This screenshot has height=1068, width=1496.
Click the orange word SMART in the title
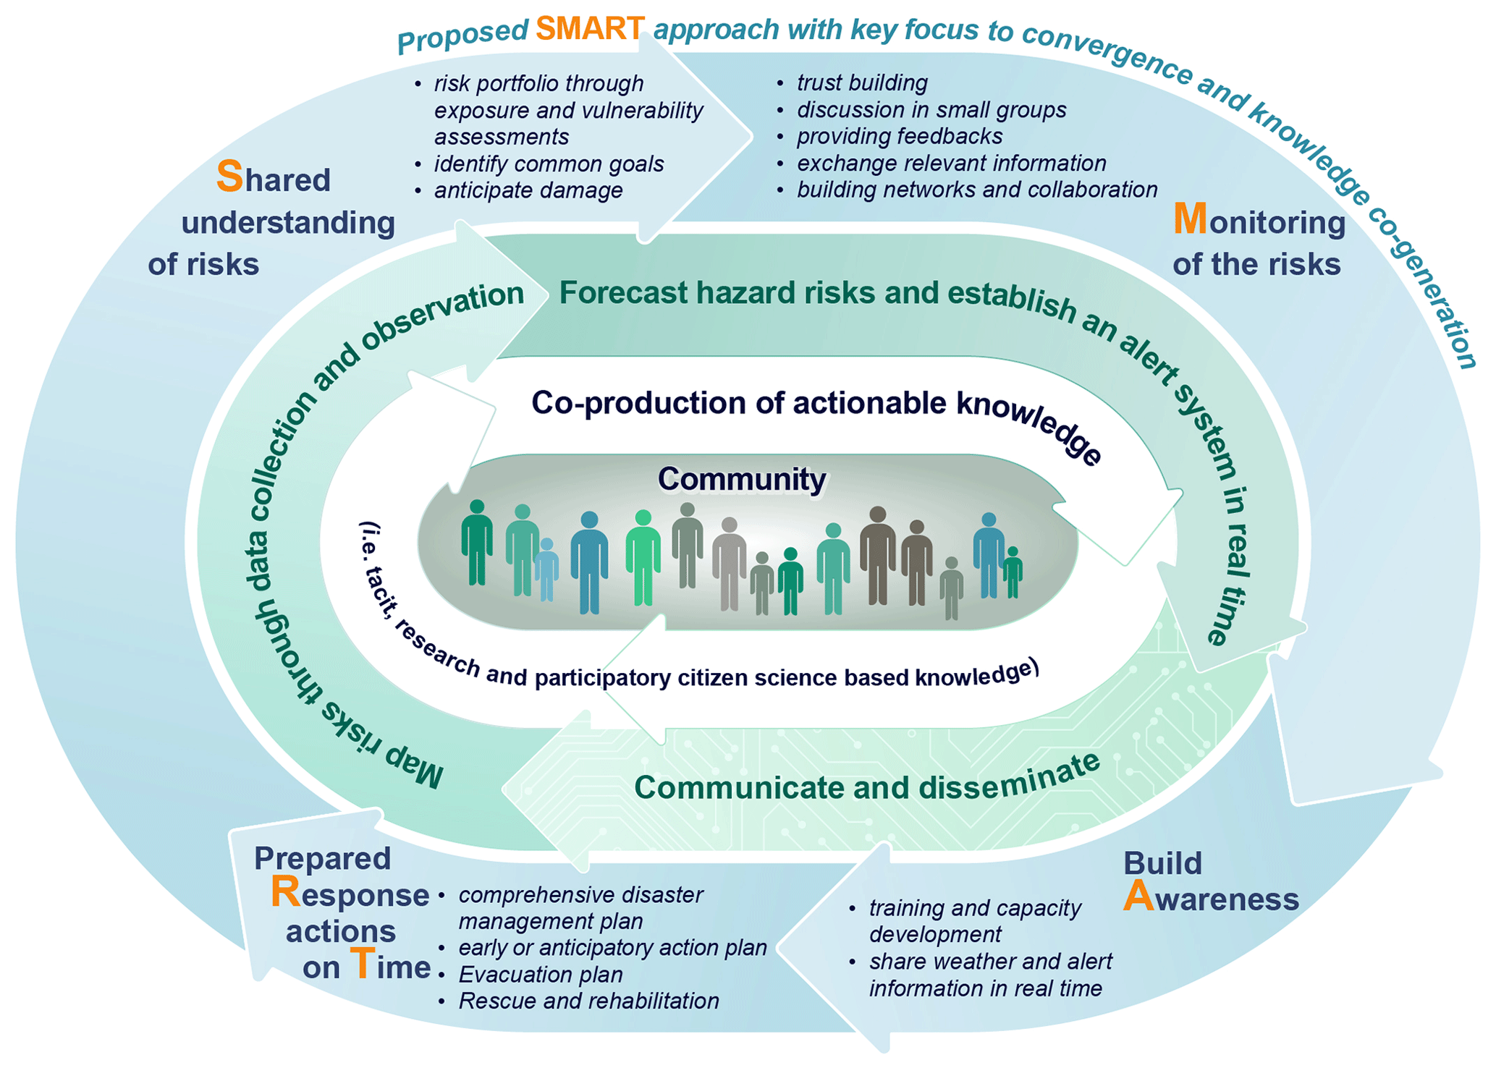589,28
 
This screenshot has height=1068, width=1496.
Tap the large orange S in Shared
229,177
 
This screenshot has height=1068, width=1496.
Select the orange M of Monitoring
1189,219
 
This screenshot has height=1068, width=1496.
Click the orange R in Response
285,893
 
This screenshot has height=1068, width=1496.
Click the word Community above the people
742,479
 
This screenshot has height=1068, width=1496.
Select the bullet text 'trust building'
862,83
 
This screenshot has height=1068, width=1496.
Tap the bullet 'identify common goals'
549,164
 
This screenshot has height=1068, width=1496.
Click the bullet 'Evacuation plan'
541,975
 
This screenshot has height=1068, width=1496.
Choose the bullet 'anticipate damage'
528,190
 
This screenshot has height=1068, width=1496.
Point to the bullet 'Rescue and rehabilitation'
588,1001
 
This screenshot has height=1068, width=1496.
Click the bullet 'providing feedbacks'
900,137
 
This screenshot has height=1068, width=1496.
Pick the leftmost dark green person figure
477,543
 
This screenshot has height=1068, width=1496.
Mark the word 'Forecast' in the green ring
623,293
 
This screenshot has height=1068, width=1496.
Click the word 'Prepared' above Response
322,859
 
